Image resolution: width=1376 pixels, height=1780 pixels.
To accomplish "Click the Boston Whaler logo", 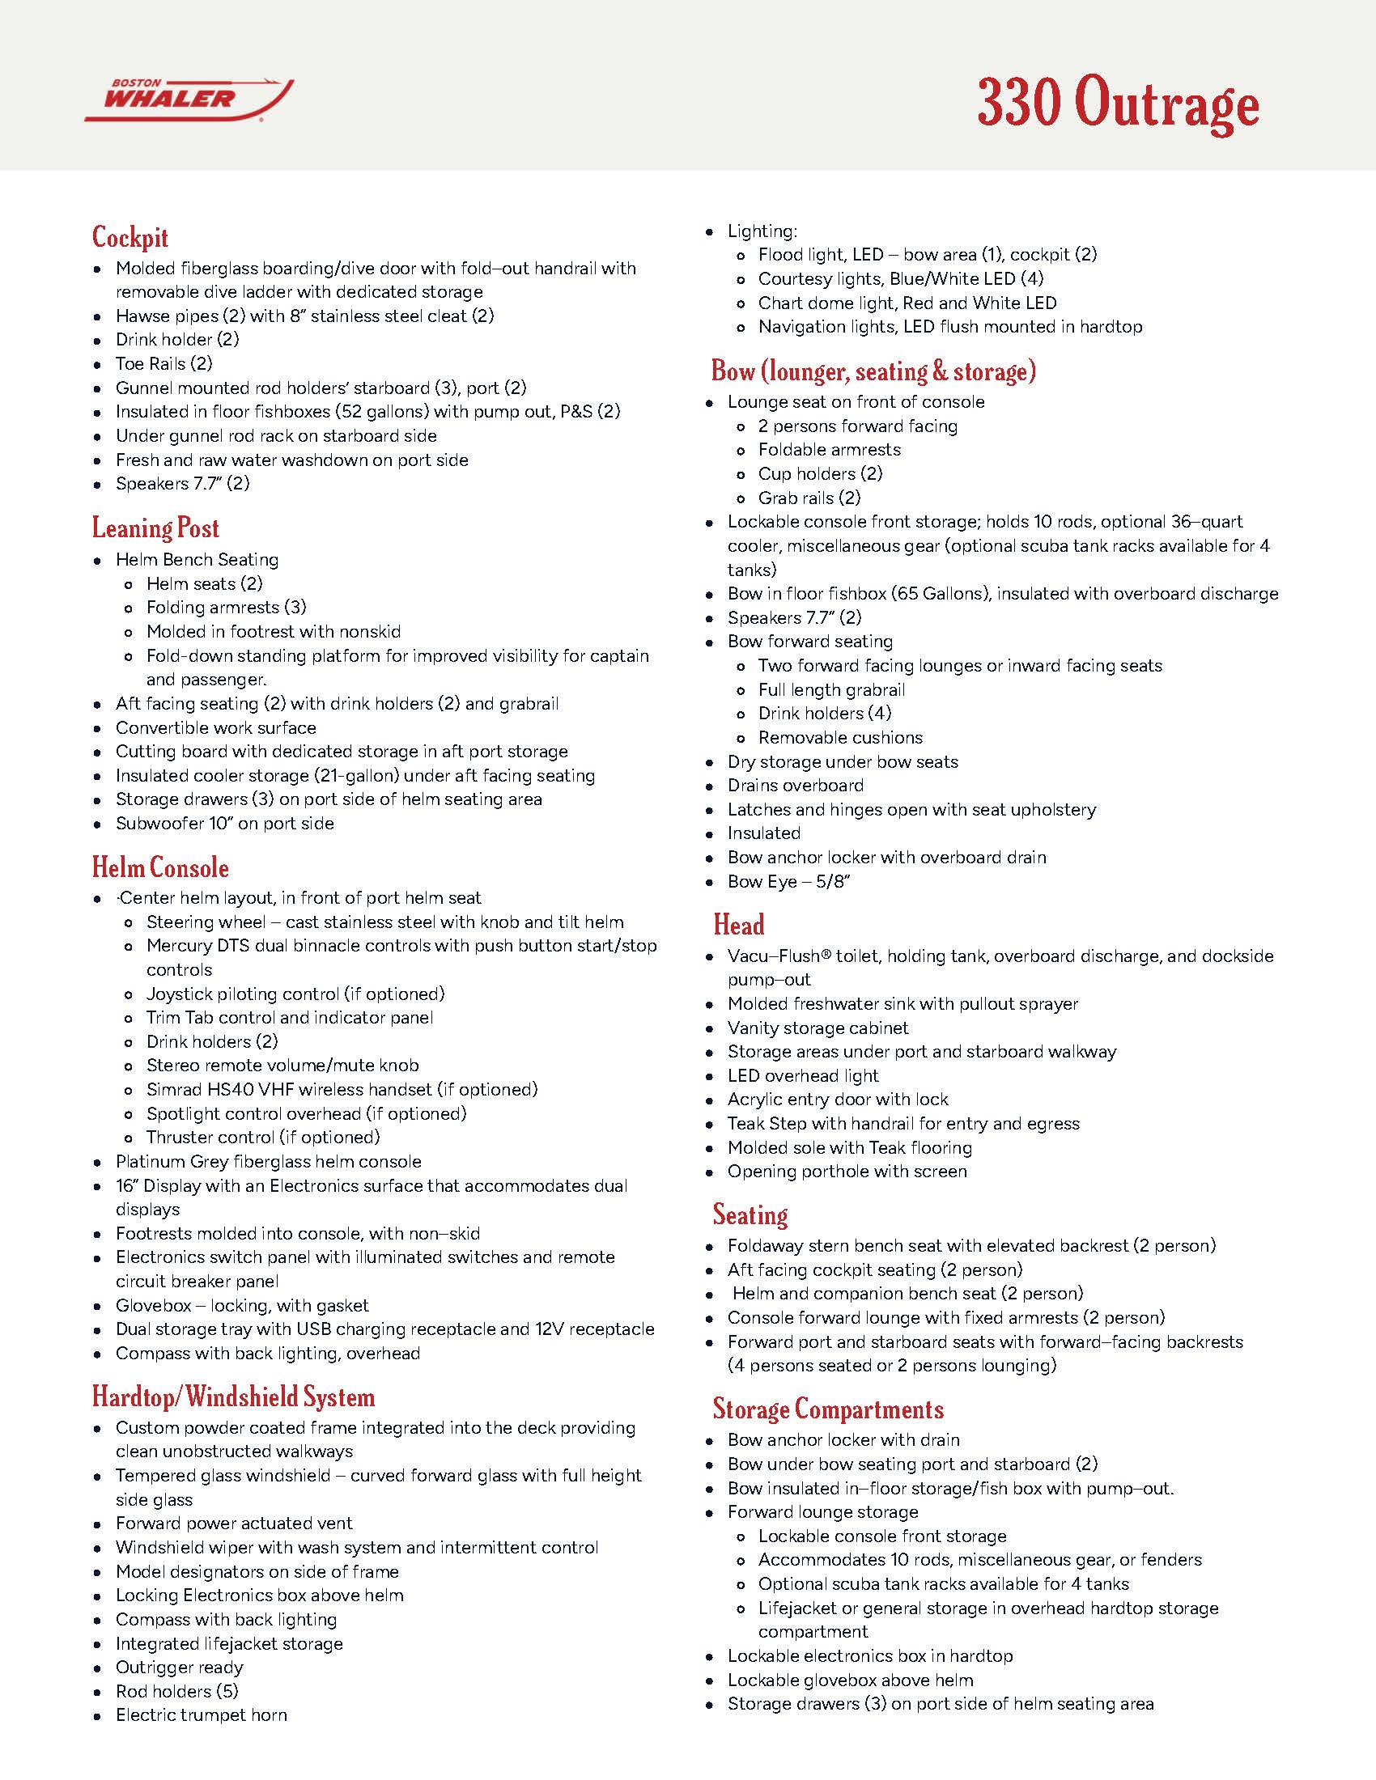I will click(x=189, y=101).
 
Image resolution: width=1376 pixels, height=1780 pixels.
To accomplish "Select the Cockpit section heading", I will click(x=130, y=237).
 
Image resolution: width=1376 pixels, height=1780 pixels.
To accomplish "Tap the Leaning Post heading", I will click(x=155, y=528).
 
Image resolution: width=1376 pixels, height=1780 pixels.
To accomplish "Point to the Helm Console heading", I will click(x=160, y=867).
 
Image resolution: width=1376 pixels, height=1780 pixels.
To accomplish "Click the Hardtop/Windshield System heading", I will click(x=233, y=1397).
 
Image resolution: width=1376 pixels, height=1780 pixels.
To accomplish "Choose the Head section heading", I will click(x=738, y=925).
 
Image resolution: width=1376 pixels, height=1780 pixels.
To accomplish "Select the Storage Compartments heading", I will click(x=828, y=1409).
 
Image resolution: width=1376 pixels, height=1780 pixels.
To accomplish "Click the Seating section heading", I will click(x=750, y=1215).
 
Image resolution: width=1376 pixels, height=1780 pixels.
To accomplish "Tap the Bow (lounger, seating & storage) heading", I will click(x=874, y=371).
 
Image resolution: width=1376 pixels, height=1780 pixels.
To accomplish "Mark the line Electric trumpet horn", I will click(x=202, y=1714).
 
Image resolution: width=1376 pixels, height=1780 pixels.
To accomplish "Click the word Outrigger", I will click(x=152, y=1667).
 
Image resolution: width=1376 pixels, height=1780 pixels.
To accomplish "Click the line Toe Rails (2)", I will click(x=164, y=363).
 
